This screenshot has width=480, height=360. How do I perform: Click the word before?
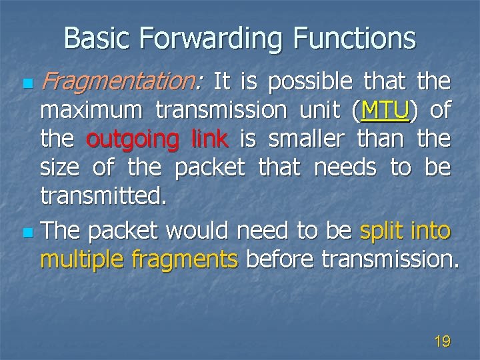pyautogui.click(x=280, y=259)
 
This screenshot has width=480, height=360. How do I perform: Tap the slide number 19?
pyautogui.click(x=442, y=342)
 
